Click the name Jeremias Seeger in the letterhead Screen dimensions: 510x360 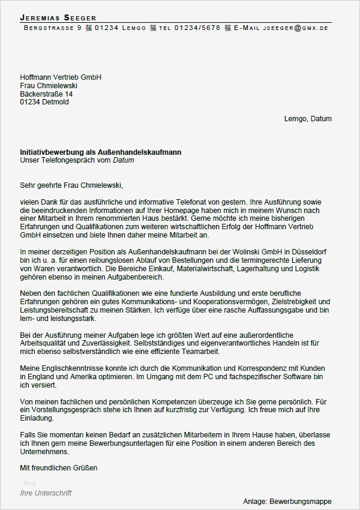[58, 17]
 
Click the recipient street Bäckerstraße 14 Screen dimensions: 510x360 [46, 94]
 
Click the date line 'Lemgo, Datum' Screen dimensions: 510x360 [308, 119]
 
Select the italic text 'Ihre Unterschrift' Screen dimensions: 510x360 [46, 493]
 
